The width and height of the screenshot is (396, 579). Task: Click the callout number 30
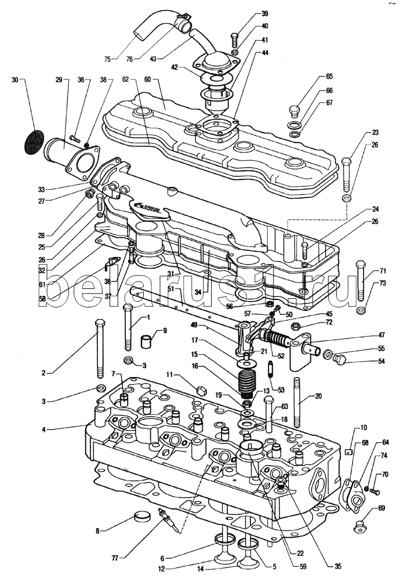click(x=15, y=80)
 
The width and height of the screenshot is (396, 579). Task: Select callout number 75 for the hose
click(x=107, y=58)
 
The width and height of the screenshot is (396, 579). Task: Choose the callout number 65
click(x=329, y=77)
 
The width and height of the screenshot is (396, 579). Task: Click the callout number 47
click(x=381, y=335)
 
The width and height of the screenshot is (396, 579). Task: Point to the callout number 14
click(x=201, y=569)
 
